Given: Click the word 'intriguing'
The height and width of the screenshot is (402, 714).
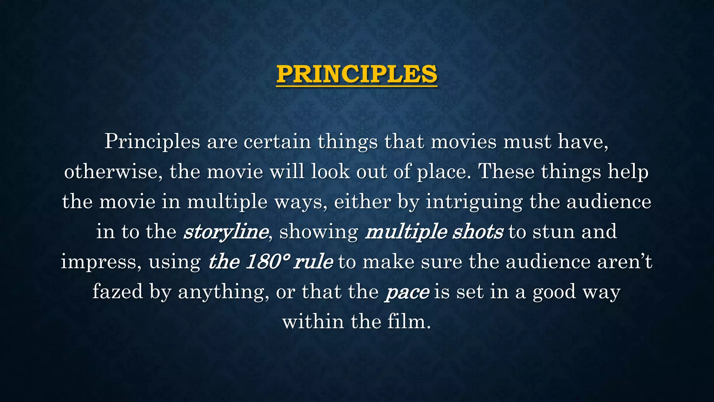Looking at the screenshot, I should tap(474, 202).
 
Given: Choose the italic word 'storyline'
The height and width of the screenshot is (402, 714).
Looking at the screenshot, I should tap(226, 232).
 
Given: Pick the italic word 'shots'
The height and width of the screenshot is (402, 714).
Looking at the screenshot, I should tap(478, 232).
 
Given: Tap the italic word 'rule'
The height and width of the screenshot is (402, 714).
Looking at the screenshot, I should tap(313, 262).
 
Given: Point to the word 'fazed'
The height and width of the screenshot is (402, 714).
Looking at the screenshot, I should tap(117, 292).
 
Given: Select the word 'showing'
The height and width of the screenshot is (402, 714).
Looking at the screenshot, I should tap(319, 232).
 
